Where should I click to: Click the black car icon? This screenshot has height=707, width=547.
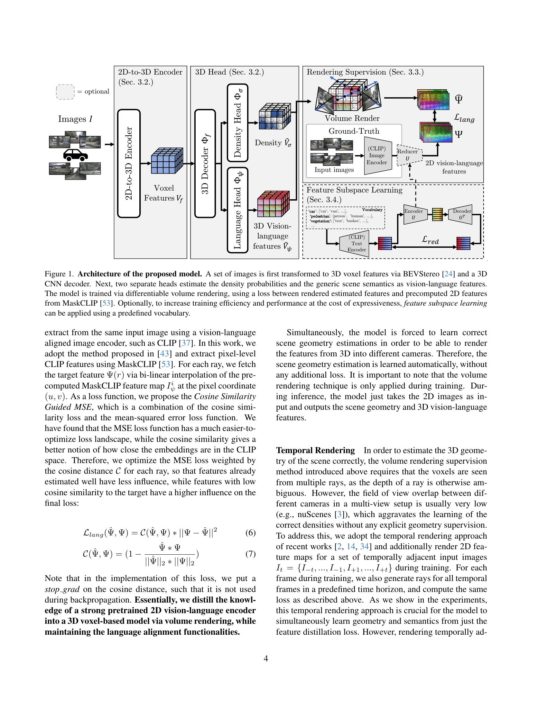pyautogui.click(x=75, y=155)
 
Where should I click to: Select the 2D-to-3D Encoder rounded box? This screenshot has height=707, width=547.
pyautogui.click(x=129, y=164)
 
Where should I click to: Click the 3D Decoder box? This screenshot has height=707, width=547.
pyautogui.click(x=205, y=164)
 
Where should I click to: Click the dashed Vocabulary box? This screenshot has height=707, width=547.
pyautogui.click(x=346, y=218)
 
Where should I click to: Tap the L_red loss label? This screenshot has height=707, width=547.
pyautogui.click(x=430, y=240)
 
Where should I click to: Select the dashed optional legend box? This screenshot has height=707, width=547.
pyautogui.click(x=65, y=92)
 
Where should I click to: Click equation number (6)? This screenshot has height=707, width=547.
pyautogui.click(x=250, y=533)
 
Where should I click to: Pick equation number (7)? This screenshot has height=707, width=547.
pyautogui.click(x=250, y=554)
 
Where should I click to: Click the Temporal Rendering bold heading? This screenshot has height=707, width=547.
pyautogui.click(x=315, y=450)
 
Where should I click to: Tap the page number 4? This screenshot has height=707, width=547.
pyautogui.click(x=266, y=659)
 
